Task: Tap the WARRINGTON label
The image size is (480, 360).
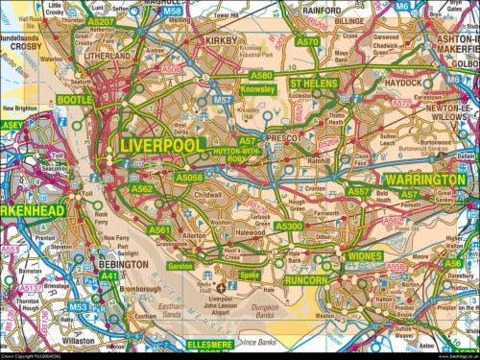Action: pyautogui.click(x=425, y=180)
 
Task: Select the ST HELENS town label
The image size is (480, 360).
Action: pyautogui.click(x=318, y=84)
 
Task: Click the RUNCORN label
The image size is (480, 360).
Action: pyautogui.click(x=306, y=280)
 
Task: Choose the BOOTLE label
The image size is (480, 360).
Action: pyautogui.click(x=74, y=100)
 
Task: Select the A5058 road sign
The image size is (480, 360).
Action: pyautogui.click(x=189, y=178)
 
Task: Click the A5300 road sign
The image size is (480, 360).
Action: pyautogui.click(x=288, y=226)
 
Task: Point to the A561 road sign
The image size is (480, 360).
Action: pyautogui.click(x=159, y=230)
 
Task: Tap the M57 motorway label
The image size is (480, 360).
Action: pyautogui.click(x=223, y=100)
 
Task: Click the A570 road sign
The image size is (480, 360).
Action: pyautogui.click(x=307, y=42)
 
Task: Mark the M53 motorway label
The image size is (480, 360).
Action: pyautogui.click(x=79, y=308)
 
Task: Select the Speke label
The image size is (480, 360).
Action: pyautogui.click(x=250, y=275)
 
